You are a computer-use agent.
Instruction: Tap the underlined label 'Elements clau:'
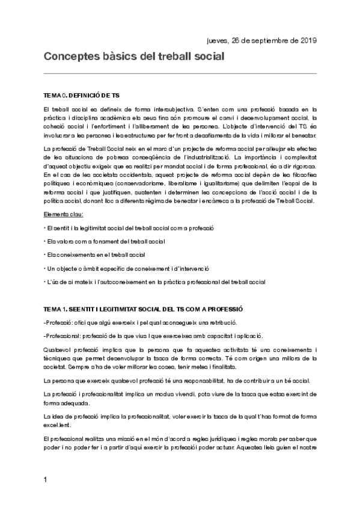[64, 214]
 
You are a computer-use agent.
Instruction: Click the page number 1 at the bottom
[46, 480]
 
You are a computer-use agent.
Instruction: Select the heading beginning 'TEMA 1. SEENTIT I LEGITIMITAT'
[143, 309]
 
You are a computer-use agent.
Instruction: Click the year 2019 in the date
[308, 41]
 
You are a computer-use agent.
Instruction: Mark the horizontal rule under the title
[180, 73]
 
